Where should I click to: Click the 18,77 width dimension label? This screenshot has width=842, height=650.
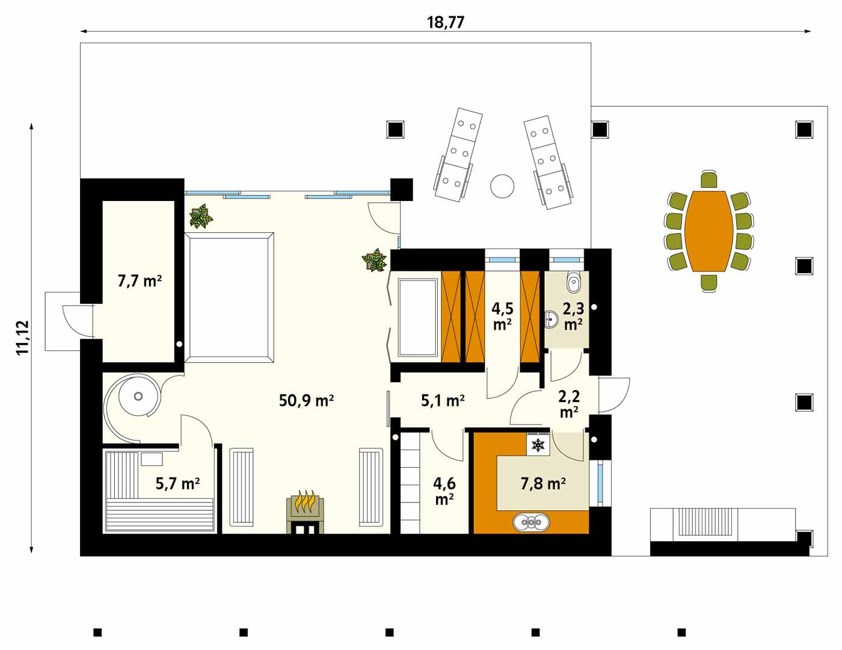(x=445, y=22)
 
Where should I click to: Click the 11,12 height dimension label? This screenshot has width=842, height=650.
(x=23, y=337)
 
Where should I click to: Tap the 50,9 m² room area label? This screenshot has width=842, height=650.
(x=306, y=400)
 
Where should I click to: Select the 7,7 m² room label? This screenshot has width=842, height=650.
(x=140, y=281)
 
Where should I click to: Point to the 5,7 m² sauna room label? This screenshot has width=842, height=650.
(x=177, y=483)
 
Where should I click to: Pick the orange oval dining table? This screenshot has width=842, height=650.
(x=708, y=231)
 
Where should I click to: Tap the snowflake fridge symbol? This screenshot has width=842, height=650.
(x=538, y=445)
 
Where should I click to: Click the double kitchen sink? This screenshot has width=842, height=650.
(x=531, y=522)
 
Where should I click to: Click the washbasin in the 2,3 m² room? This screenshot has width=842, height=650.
(x=551, y=320)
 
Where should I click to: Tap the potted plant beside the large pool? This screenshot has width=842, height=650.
(x=201, y=217)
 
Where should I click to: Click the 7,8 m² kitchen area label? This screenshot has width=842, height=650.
(x=543, y=483)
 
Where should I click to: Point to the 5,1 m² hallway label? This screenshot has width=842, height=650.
(x=443, y=400)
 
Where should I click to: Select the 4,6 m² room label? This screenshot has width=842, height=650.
(x=444, y=491)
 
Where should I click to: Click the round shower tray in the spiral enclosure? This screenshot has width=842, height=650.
(x=138, y=396)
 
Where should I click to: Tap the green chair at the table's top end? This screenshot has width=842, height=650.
(x=708, y=180)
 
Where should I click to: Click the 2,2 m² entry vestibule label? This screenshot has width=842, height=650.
(x=569, y=404)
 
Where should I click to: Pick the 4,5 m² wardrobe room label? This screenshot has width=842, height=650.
(x=502, y=317)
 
